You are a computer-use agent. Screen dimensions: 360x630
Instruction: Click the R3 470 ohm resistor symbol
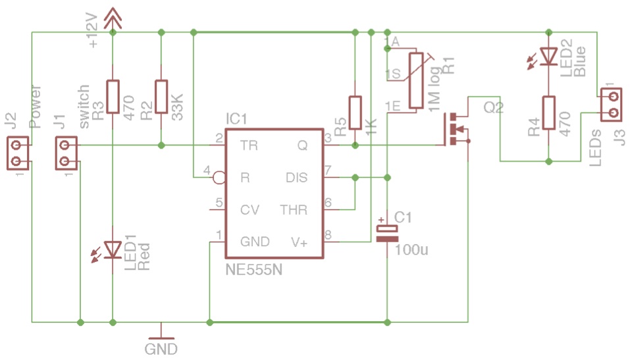click(113, 95)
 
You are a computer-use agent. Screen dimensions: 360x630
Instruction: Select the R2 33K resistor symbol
click(161, 95)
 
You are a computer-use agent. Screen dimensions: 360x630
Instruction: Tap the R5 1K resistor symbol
click(355, 112)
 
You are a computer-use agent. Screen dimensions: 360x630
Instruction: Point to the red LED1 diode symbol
click(113, 250)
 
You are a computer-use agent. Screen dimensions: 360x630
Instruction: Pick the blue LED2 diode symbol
click(549, 55)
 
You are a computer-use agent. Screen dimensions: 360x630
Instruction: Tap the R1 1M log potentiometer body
click(416, 80)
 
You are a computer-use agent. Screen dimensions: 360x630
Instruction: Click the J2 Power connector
click(18, 153)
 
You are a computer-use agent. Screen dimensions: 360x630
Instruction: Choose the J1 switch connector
click(66, 153)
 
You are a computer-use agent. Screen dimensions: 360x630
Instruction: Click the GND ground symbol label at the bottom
click(161, 349)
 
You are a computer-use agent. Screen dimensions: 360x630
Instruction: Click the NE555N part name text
click(254, 270)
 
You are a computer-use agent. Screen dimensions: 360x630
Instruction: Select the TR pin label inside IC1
click(249, 145)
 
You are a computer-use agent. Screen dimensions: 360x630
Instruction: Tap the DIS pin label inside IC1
click(296, 178)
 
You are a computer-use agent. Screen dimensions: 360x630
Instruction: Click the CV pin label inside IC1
click(249, 210)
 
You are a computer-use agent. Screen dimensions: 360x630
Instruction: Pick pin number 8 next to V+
click(328, 234)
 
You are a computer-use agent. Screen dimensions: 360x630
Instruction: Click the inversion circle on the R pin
click(219, 178)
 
